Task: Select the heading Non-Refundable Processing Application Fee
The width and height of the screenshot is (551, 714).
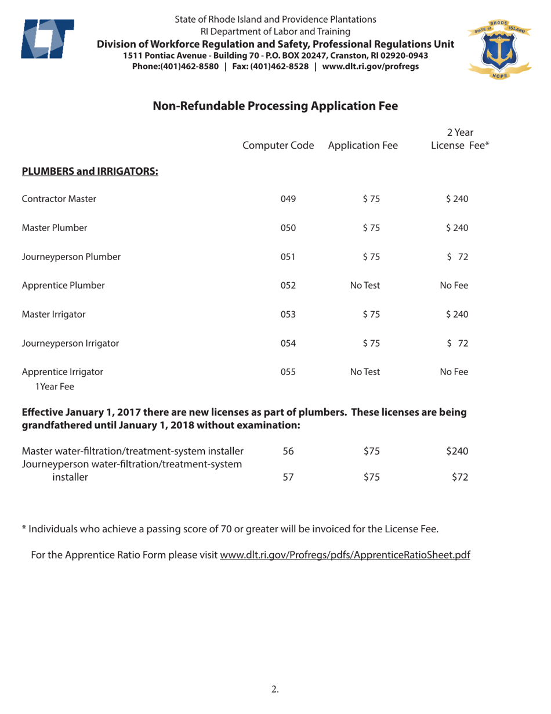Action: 275,106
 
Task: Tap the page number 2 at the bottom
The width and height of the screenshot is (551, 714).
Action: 275,690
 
